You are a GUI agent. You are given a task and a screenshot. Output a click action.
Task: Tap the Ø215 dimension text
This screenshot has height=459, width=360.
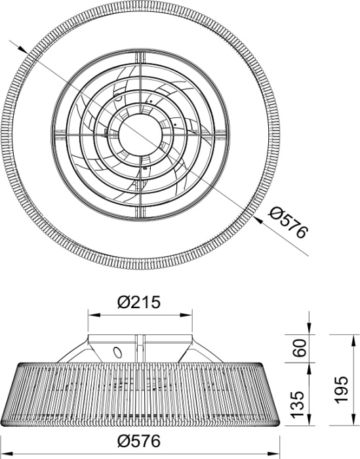pyautogui.click(x=139, y=302)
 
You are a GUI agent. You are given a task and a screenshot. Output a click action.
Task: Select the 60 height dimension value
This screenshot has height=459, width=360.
pyautogui.click(x=299, y=348)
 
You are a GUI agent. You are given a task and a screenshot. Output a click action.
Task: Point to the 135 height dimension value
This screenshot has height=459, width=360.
pyautogui.click(x=298, y=404)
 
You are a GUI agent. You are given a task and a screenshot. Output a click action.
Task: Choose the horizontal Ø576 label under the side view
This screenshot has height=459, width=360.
pyautogui.click(x=139, y=441)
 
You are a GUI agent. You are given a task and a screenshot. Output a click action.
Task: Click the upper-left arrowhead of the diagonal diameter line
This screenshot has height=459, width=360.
pyautogui.click(x=23, y=50)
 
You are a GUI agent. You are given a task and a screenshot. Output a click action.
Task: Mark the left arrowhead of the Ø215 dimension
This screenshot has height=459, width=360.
pyautogui.click(x=94, y=315)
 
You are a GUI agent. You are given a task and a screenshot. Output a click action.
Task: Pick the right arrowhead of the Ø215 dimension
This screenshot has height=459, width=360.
pyautogui.click(x=186, y=315)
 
